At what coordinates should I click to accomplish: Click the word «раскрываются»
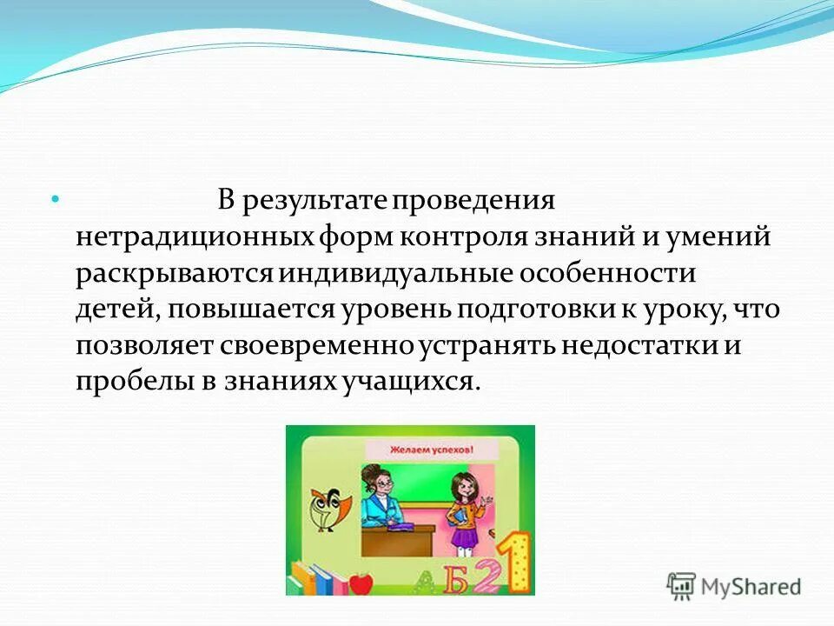(x=175, y=274)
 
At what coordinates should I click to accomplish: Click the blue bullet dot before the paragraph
(x=54, y=200)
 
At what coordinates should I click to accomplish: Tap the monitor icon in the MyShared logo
(x=682, y=586)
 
